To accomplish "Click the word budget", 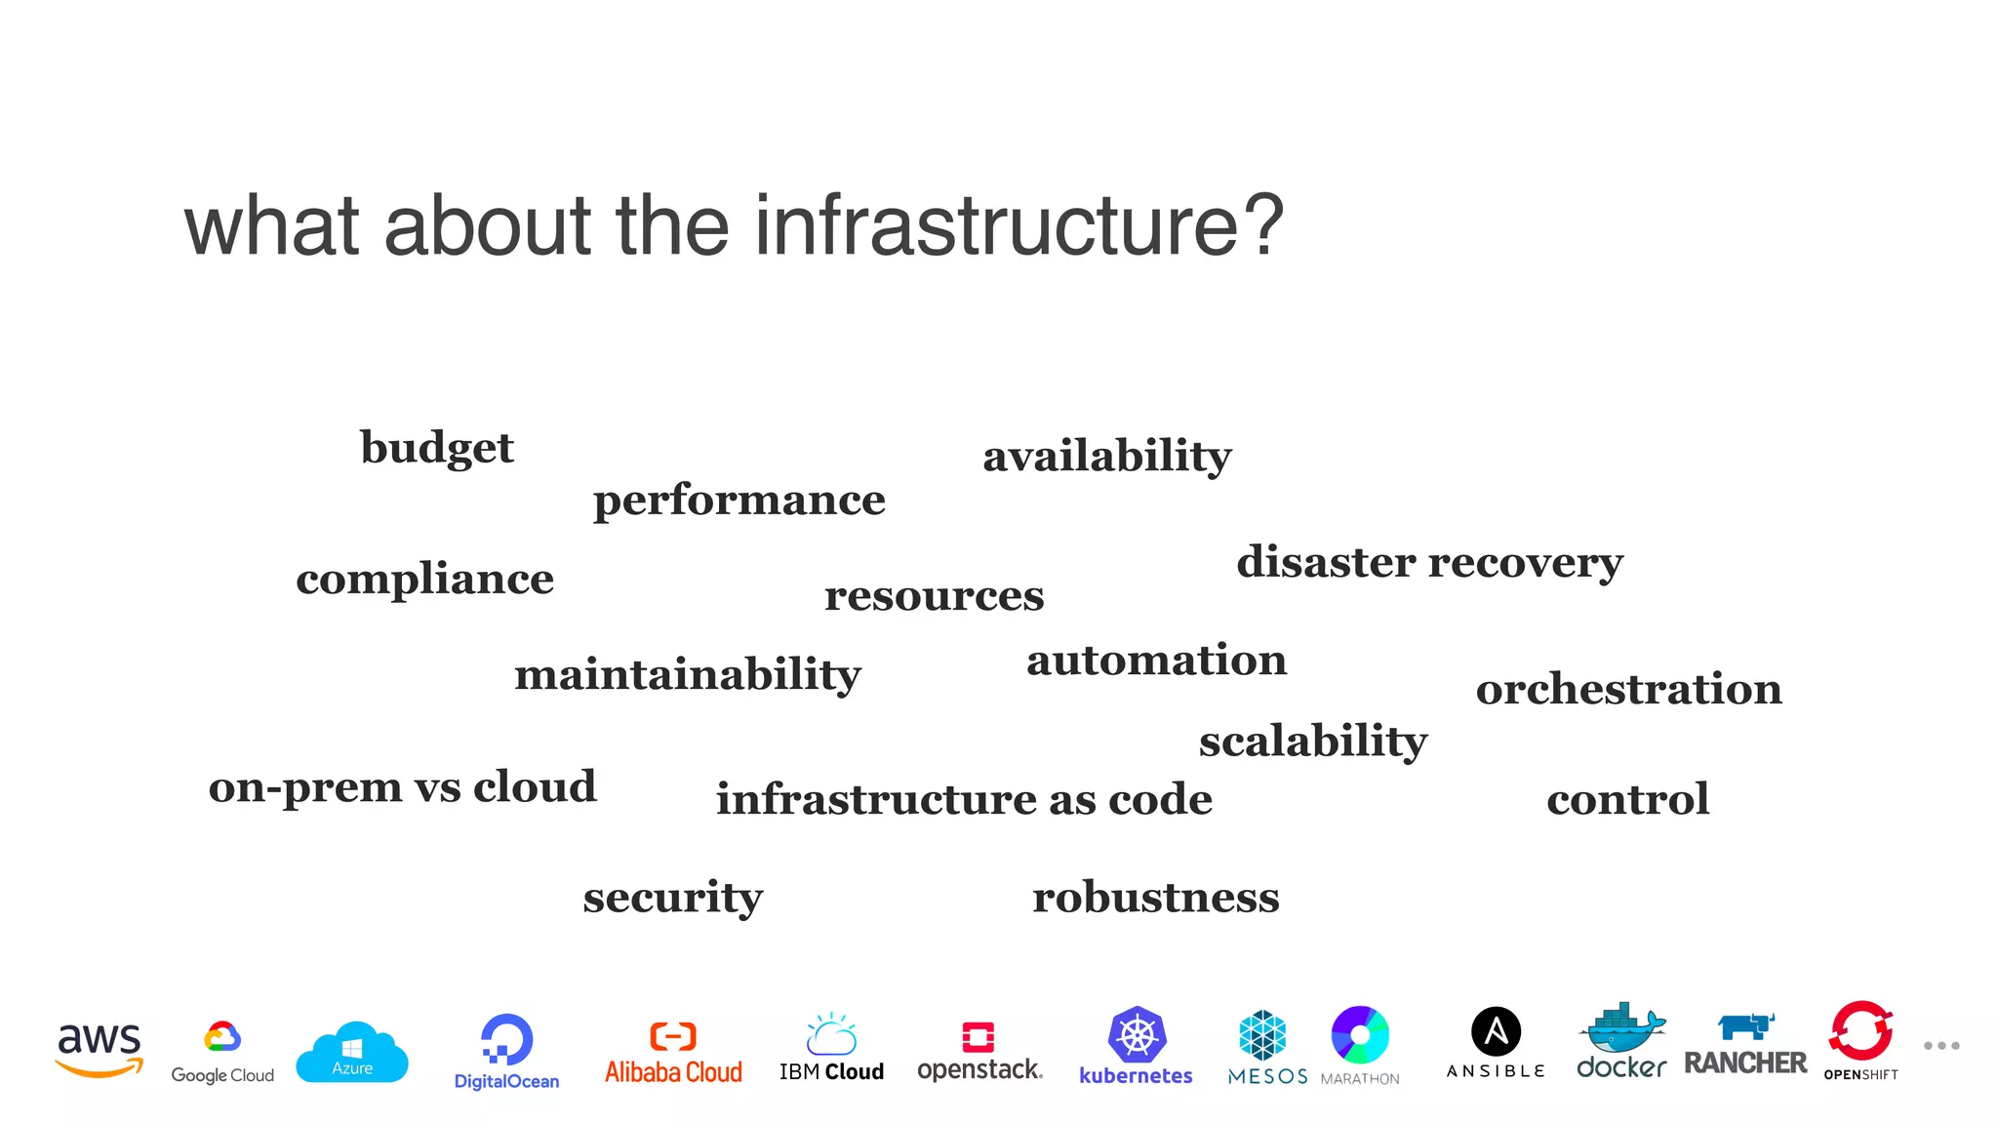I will (x=436, y=448).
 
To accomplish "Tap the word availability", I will (x=1106, y=456).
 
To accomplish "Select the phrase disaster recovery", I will (x=1429, y=562).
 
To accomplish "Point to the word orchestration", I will (x=1628, y=689).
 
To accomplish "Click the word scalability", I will (x=1312, y=741).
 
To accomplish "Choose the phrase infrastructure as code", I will (x=964, y=799).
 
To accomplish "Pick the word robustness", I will (x=1155, y=897).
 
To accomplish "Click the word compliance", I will (x=424, y=579).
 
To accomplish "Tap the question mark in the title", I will (x=1264, y=225).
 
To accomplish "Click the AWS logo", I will (x=100, y=1050).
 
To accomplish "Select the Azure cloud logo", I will (x=352, y=1052).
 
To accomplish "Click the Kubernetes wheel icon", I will (x=1137, y=1034).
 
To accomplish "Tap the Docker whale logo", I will (x=1621, y=1029).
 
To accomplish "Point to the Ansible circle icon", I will (x=1496, y=1032).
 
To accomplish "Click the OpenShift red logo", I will (x=1860, y=1031).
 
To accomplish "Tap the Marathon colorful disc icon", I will (x=1360, y=1034).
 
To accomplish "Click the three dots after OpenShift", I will (x=1941, y=1045).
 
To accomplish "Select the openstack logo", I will (x=979, y=1051).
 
